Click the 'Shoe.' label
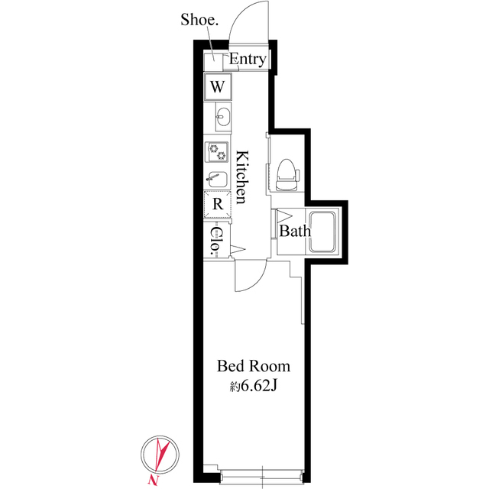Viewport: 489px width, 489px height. (x=199, y=20)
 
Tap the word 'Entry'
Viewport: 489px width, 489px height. (x=248, y=60)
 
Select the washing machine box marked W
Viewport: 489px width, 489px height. (x=218, y=86)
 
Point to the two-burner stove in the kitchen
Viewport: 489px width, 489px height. (x=217, y=151)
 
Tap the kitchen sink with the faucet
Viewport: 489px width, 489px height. (x=217, y=179)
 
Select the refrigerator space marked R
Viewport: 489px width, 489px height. (x=217, y=204)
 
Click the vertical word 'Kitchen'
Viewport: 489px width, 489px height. (x=241, y=176)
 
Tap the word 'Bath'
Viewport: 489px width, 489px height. (x=293, y=231)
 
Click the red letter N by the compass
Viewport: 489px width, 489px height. (x=155, y=479)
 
